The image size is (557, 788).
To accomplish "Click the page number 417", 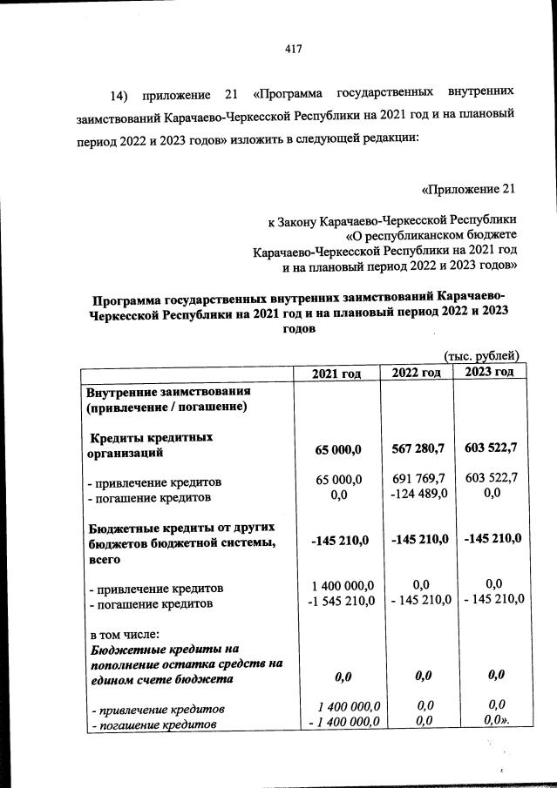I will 293,49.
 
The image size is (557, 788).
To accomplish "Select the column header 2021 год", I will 336,373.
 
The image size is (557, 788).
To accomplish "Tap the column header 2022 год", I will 416,373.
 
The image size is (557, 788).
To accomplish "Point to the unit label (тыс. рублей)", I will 481,355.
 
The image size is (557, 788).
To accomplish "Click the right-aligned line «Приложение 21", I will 469,189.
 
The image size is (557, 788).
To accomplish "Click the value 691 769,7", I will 418,479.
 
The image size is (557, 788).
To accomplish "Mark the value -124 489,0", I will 418,495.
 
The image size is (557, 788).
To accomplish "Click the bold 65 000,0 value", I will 337,449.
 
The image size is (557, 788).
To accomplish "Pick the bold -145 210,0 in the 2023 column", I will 491,540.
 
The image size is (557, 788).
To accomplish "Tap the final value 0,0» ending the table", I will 494,722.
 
